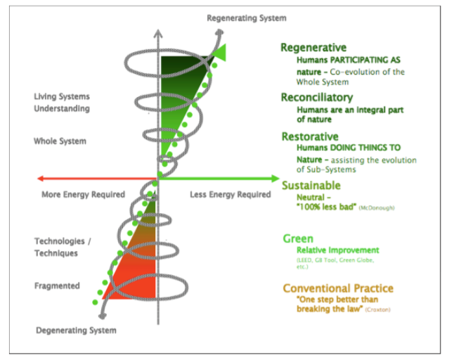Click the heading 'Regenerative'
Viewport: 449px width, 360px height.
[313, 48]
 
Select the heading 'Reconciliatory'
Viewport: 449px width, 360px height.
[317, 98]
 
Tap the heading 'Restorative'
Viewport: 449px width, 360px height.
[310, 136]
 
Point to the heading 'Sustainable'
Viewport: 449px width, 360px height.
[311, 186]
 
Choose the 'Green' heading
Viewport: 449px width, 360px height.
[297, 238]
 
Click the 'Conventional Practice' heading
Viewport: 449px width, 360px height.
[338, 288]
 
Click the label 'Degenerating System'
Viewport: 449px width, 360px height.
[77, 330]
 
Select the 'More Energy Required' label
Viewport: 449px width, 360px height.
[83, 194]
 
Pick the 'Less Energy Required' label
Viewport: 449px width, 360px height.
[230, 194]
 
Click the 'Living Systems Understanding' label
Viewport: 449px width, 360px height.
[62, 103]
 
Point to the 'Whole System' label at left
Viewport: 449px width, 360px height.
[60, 141]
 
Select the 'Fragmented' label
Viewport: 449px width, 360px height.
[57, 286]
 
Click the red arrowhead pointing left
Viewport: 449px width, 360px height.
[41, 179]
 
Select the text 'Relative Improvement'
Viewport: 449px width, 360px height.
[337, 250]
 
